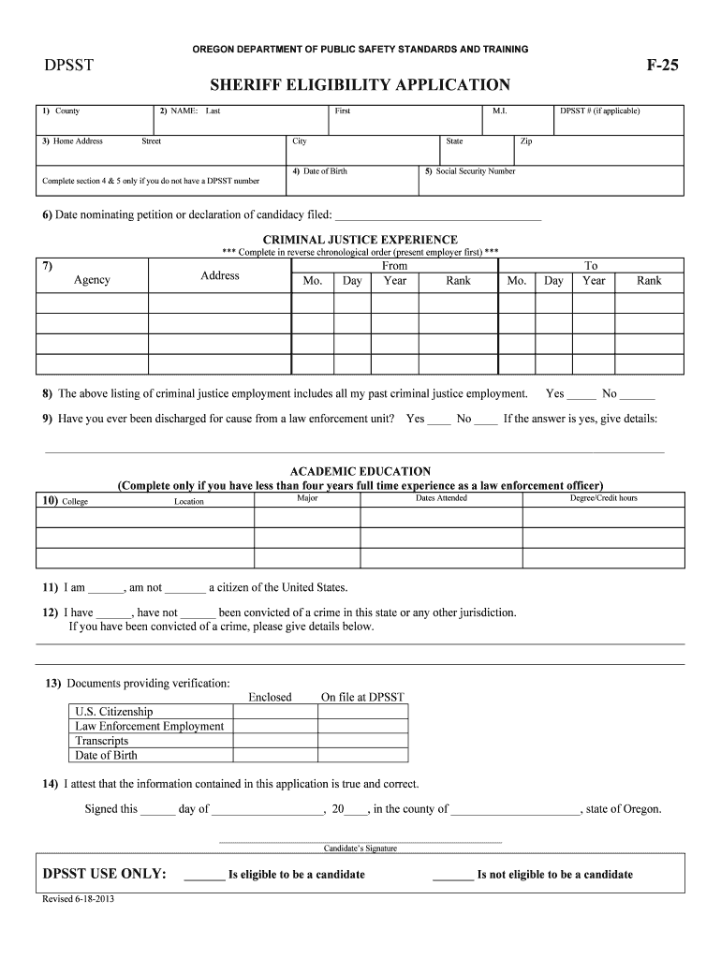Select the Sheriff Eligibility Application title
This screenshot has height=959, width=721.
(x=360, y=85)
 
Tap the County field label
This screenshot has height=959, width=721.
(x=66, y=111)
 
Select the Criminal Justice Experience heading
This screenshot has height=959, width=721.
(x=360, y=240)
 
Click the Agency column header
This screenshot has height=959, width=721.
(x=92, y=280)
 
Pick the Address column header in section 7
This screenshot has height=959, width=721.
(x=220, y=275)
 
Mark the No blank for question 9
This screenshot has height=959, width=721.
(x=486, y=420)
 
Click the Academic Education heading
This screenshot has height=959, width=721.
(x=360, y=471)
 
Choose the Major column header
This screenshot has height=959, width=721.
(x=307, y=498)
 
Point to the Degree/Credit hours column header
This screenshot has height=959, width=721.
(x=603, y=498)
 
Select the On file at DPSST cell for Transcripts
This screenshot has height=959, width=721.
(x=362, y=740)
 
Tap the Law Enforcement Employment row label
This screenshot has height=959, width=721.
(x=150, y=726)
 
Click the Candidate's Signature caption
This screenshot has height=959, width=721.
(x=360, y=848)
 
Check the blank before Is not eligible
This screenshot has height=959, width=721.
(x=453, y=876)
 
